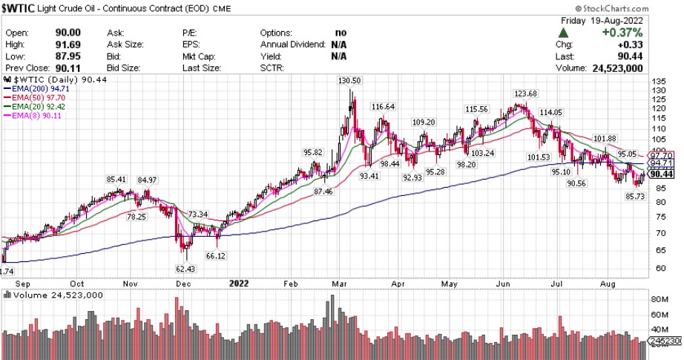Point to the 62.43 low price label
click(185, 268)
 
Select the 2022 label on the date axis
click(239, 283)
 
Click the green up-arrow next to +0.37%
click(565, 33)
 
